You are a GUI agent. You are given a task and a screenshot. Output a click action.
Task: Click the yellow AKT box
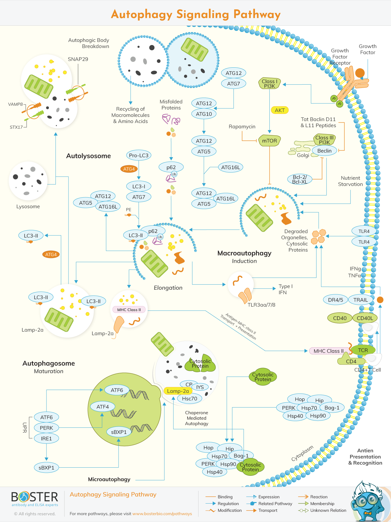pyautogui.click(x=280, y=110)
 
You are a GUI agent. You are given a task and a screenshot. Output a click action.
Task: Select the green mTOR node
pyautogui.click(x=269, y=141)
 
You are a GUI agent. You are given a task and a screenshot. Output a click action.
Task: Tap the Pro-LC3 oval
pyautogui.click(x=138, y=155)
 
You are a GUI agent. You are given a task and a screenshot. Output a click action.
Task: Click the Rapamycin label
pyautogui.click(x=242, y=127)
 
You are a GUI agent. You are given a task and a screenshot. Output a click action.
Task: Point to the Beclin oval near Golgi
pyautogui.click(x=324, y=151)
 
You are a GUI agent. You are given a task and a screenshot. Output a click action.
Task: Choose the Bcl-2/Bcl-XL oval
pyautogui.click(x=300, y=179)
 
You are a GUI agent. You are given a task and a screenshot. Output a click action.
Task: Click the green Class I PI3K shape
pyautogui.click(x=269, y=84)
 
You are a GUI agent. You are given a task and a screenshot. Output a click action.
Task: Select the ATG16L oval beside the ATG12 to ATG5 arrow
pyautogui.click(x=230, y=167)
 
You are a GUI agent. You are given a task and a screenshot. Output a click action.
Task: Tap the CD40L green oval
pyautogui.click(x=365, y=318)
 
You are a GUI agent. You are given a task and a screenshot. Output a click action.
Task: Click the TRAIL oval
pyautogui.click(x=361, y=300)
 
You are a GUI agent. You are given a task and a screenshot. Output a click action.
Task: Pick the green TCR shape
pyautogui.click(x=363, y=350)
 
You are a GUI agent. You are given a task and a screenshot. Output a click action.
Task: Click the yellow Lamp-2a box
pyautogui.click(x=178, y=391)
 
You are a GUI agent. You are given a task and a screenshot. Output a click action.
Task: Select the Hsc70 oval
pyautogui.click(x=189, y=398)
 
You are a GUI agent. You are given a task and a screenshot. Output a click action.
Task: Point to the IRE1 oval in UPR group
pyautogui.click(x=46, y=438)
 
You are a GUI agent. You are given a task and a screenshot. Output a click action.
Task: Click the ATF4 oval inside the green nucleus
pyautogui.click(x=103, y=407)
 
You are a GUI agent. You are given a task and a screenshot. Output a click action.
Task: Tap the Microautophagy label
pyautogui.click(x=109, y=479)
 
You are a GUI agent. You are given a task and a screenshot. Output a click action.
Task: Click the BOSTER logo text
pyautogui.click(x=35, y=497)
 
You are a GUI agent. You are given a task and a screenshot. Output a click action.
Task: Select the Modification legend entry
pyautogui.click(x=230, y=510)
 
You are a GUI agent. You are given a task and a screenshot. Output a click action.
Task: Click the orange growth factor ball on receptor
pyautogui.click(x=360, y=73)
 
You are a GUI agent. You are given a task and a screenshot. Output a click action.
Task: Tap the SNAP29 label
pyautogui.click(x=78, y=59)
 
